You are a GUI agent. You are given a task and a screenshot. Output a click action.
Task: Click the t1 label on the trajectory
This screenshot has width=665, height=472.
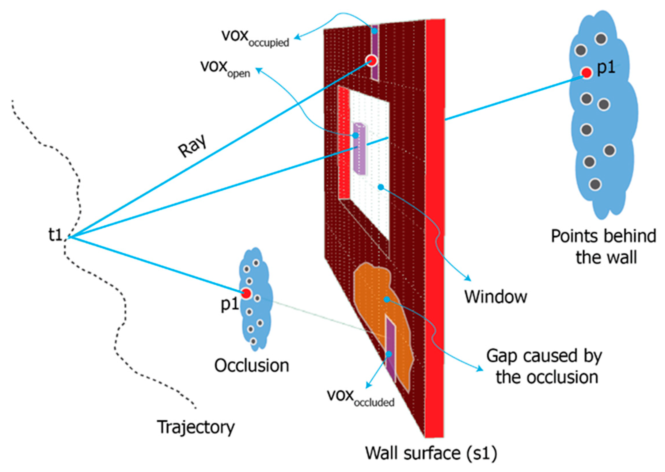point(55,235)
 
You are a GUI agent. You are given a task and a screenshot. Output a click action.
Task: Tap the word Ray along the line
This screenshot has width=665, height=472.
point(192,146)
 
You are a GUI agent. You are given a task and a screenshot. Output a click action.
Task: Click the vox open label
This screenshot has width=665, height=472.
point(225,68)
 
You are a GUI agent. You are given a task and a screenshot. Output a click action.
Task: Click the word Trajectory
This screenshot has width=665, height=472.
point(195,427)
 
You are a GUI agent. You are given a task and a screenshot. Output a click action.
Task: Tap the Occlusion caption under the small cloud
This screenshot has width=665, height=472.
point(252,366)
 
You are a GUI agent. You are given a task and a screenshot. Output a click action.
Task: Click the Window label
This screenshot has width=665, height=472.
point(495,297)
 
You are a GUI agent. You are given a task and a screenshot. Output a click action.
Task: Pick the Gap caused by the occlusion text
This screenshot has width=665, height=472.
point(544,367)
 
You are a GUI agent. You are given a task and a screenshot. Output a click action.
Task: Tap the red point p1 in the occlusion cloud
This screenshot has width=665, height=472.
point(246,294)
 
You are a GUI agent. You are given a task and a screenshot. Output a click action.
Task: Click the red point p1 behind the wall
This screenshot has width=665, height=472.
point(586,73)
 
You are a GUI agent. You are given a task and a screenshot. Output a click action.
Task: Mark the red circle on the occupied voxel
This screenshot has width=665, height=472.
point(371,60)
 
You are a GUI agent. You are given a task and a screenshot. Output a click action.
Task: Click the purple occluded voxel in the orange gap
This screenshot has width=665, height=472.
point(391,349)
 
